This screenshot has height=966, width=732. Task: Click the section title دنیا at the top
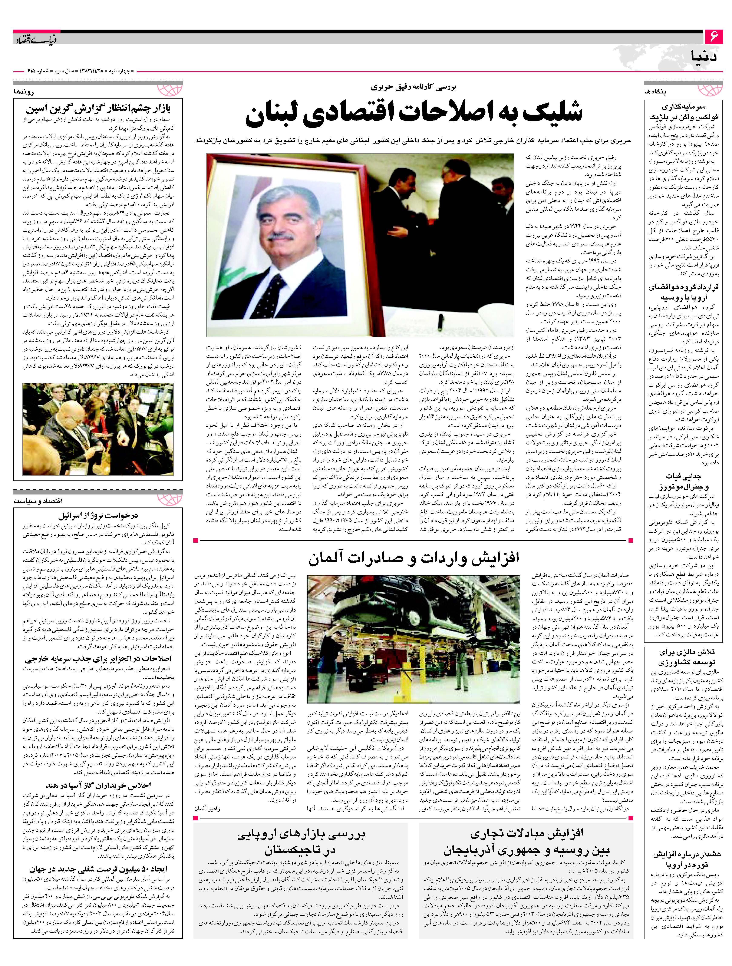click(705, 57)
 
